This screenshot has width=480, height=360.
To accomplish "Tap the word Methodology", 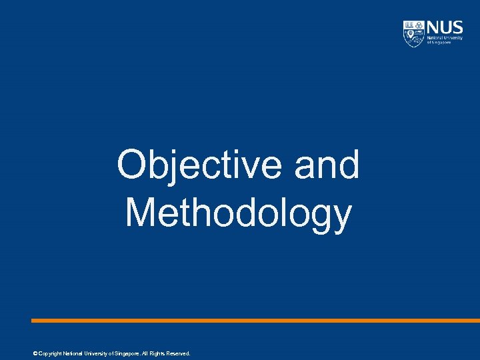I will [x=238, y=213].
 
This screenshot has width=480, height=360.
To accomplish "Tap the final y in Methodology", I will [x=341, y=217].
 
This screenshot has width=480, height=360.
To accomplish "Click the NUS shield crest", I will [x=413, y=33].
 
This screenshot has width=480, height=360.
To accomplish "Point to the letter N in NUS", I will [x=432, y=29].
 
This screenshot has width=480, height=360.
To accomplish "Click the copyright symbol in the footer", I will [x=34, y=353].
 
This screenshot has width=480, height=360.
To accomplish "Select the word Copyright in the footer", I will [x=49, y=353].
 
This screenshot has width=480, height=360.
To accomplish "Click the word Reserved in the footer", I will [x=177, y=353].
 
